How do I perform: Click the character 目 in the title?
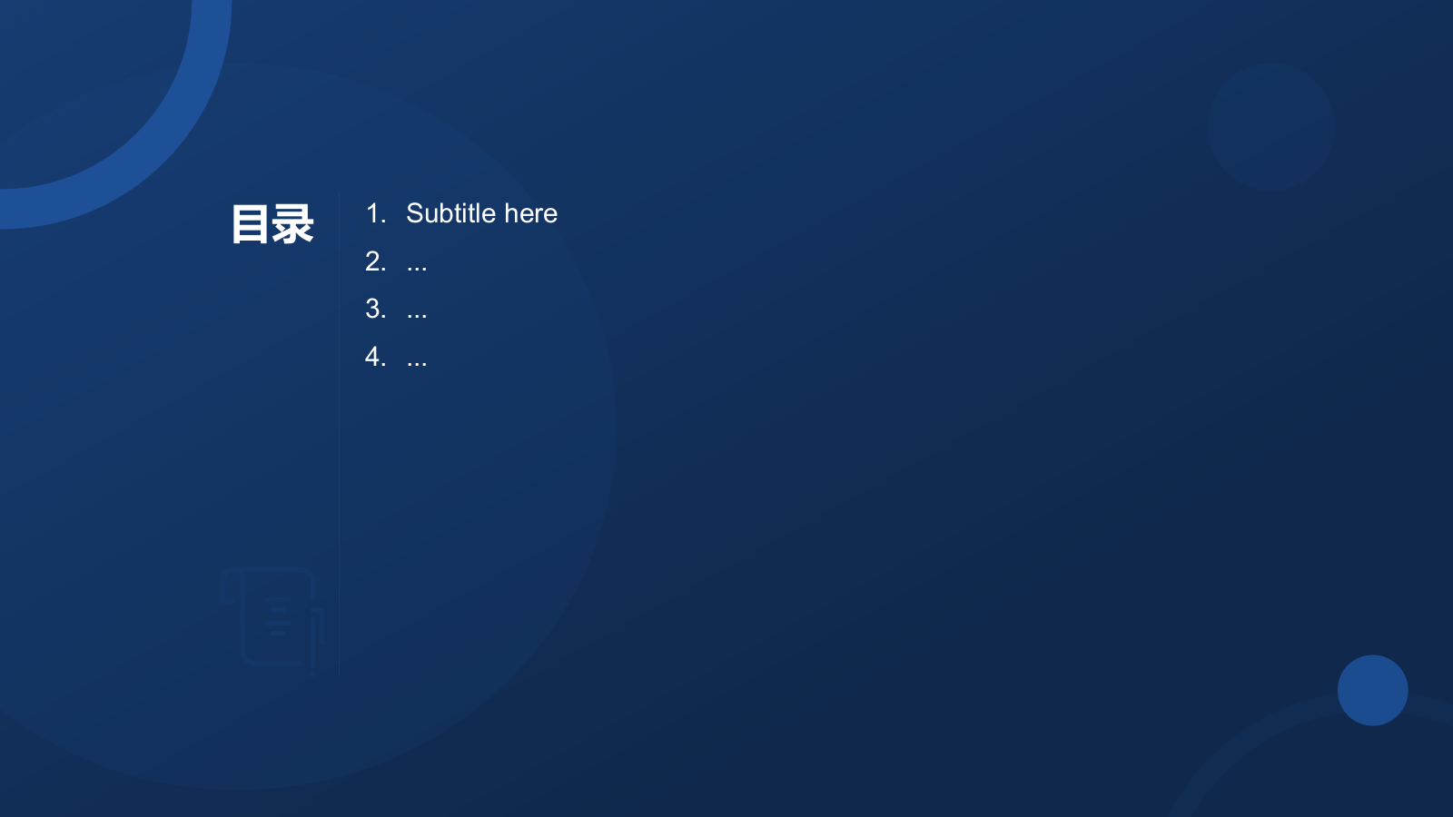pos(251,224)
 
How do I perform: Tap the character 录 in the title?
pos(292,224)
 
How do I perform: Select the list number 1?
pos(376,213)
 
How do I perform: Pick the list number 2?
pos(376,261)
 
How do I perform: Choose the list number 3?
pos(376,309)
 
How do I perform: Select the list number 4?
pos(376,357)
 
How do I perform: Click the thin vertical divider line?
pos(340,435)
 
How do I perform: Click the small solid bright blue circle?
pos(1372,690)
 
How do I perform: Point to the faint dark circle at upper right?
pos(1270,126)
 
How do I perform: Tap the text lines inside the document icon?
pos(278,616)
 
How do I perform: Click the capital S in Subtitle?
pos(414,213)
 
